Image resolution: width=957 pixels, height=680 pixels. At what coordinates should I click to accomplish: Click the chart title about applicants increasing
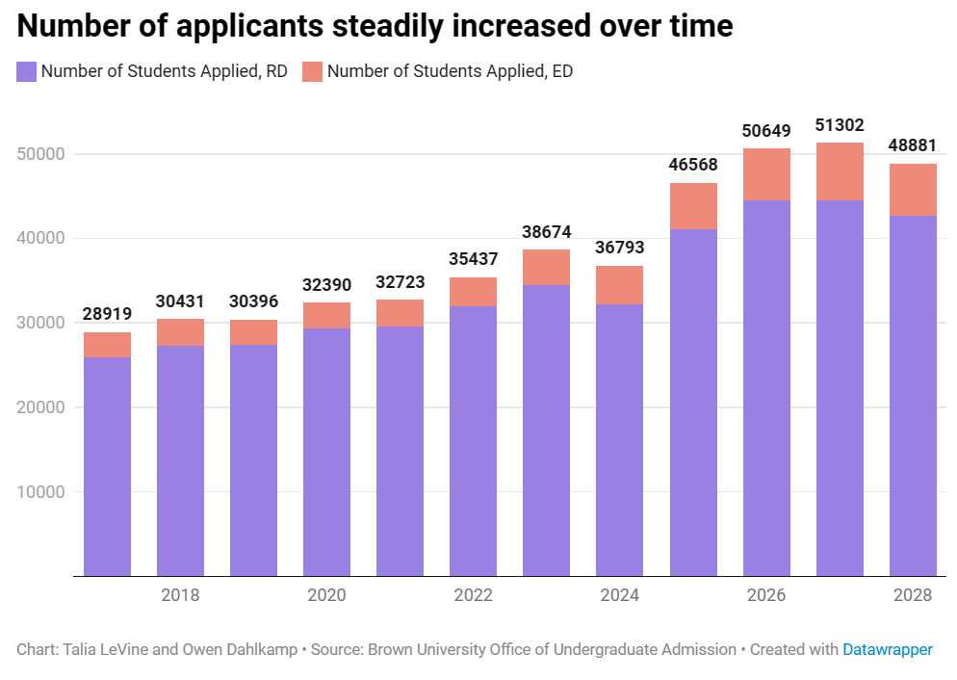point(375,26)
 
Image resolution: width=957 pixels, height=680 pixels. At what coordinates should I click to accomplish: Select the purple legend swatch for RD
point(27,71)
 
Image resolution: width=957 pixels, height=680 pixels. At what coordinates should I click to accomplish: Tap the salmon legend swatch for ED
point(312,71)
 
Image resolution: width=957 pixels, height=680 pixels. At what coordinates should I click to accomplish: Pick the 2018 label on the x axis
point(180,595)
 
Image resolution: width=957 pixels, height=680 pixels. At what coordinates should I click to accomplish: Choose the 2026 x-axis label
point(765,595)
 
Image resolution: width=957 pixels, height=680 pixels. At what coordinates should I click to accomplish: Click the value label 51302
point(840,125)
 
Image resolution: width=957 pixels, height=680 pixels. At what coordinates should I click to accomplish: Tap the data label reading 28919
point(107,314)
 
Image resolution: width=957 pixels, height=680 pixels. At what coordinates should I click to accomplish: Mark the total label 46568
point(693,165)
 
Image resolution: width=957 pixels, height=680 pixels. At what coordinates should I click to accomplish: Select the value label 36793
point(620,248)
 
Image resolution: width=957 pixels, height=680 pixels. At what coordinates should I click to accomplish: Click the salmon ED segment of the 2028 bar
point(913,190)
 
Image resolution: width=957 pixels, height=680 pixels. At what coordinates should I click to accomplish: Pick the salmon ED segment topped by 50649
point(766,174)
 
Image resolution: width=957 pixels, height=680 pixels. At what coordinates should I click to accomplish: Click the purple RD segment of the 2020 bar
point(327,453)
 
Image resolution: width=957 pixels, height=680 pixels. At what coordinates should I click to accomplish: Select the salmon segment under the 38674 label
point(547,267)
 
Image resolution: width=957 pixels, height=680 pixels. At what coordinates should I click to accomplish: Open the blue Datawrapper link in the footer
point(887,649)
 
